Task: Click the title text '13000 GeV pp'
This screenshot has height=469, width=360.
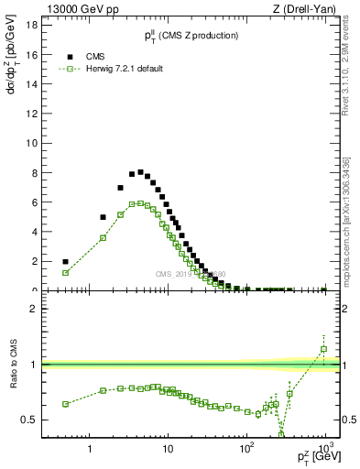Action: pos(78,10)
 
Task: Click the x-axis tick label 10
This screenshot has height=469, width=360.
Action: pos(168,450)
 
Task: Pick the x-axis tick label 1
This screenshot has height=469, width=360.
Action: pos(90,450)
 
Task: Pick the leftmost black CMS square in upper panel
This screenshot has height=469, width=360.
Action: pos(65,261)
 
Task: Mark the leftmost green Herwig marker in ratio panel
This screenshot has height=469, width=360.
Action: pos(65,404)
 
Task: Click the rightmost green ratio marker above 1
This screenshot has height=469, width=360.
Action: pos(323,349)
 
